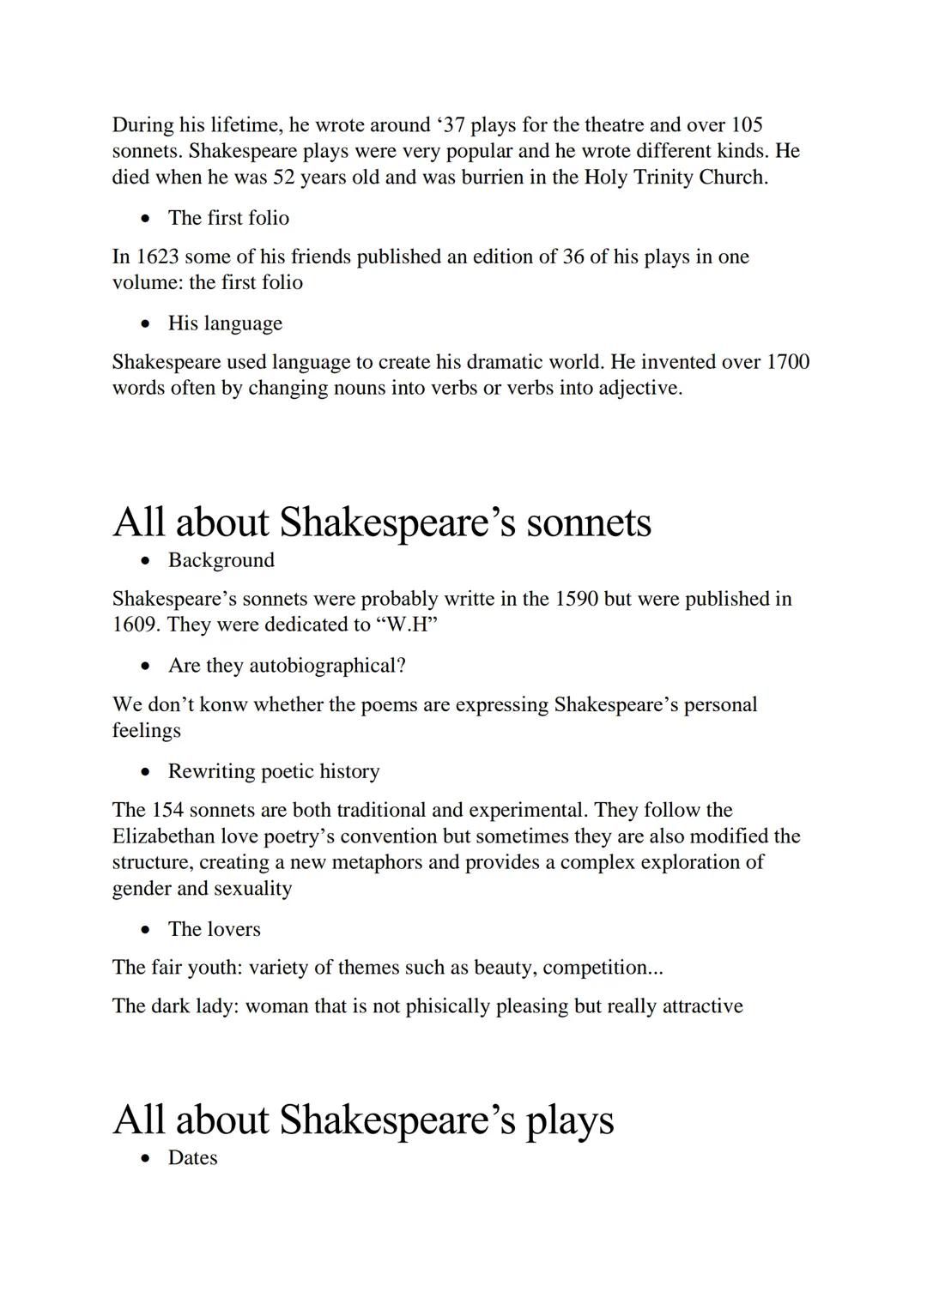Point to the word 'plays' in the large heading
(569, 1119)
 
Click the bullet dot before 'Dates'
(149, 1159)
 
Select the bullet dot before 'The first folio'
(149, 219)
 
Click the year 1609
(136, 625)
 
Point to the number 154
(167, 810)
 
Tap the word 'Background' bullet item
(221, 559)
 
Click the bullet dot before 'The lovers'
(149, 930)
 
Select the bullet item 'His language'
(225, 323)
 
